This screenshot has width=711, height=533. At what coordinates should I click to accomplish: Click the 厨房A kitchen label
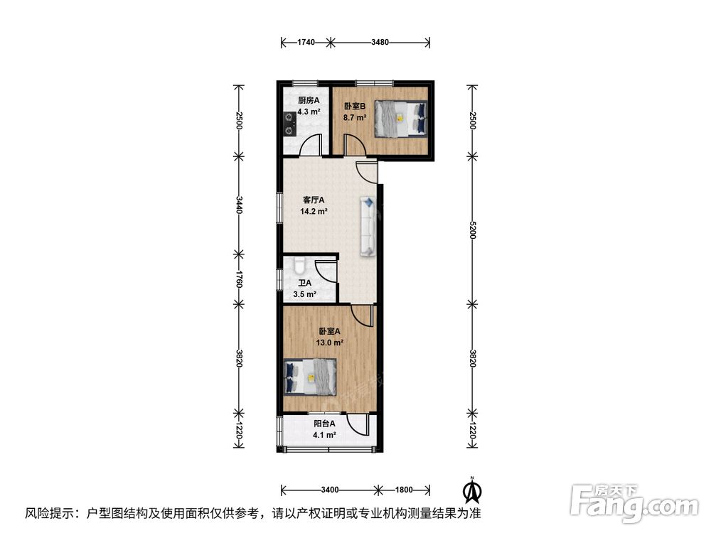pos(309,100)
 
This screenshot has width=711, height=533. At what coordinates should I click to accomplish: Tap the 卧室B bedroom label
pos(355,107)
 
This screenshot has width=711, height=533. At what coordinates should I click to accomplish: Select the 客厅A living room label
pos(314,200)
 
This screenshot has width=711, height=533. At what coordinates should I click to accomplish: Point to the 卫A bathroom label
pos(305,284)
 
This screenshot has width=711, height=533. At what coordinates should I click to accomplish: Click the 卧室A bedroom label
pos(329,332)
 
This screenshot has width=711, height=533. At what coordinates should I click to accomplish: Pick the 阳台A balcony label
pos(325,424)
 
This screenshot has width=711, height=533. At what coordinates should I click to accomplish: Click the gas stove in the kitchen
pos(289,124)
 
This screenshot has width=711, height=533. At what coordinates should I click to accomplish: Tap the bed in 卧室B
pos(401,118)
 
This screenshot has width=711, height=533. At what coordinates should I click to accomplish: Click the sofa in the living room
pos(368,226)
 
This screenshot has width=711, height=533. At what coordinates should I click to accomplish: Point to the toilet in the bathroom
pos(299,266)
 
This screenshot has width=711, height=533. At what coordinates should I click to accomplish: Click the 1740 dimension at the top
pos(306,43)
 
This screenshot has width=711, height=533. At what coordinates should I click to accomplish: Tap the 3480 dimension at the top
pos(380,43)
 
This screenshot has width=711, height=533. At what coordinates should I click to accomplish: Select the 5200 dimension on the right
pos(473,230)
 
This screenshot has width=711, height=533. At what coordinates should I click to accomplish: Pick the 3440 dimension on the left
pos(239,205)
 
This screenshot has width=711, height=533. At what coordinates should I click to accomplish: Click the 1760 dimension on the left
pos(239,279)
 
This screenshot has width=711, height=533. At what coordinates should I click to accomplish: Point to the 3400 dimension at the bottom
pos(330,490)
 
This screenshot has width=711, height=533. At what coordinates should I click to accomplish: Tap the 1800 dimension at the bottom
pos(404,490)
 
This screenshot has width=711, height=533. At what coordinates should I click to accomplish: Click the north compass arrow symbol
pos(472,490)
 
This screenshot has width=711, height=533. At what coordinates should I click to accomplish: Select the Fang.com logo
pos(634,501)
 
